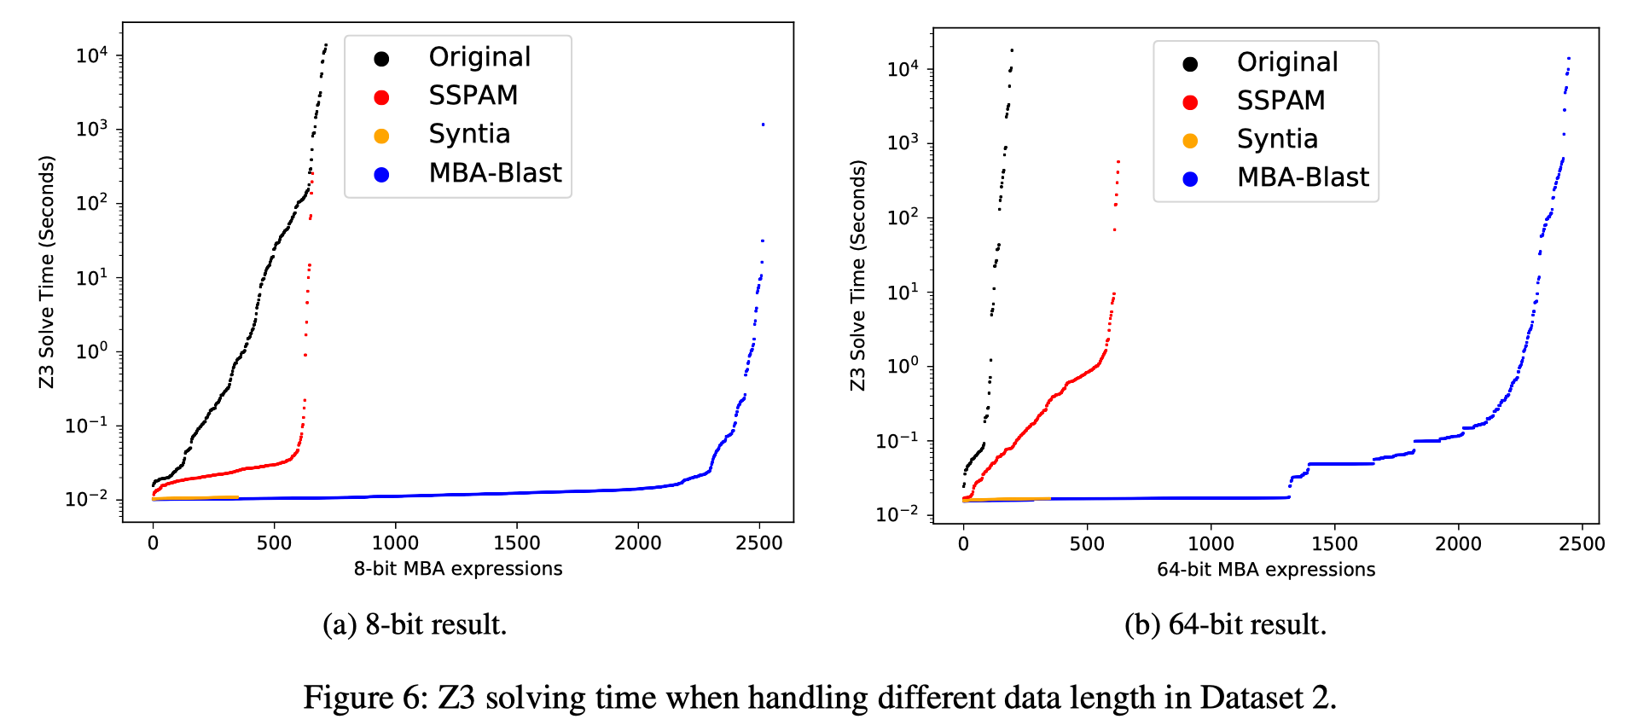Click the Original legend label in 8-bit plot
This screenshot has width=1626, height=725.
479,57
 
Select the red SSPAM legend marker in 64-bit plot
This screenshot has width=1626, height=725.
1190,102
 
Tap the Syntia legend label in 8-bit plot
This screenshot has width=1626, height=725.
469,134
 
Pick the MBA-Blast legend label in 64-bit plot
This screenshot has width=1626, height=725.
1302,177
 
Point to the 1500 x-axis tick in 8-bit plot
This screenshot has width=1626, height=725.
516,543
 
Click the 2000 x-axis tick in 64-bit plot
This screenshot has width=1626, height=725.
1458,544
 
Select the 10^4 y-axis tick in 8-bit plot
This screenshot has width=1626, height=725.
92,56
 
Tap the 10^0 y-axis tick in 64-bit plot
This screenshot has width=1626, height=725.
903,367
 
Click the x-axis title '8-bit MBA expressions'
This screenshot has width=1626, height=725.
458,569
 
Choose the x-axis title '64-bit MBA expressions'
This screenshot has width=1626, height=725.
1266,570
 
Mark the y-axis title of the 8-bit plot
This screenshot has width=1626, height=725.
46,271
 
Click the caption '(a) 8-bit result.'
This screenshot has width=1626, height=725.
415,624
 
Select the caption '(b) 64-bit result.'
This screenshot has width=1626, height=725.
1225,624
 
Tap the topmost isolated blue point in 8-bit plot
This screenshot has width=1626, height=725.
763,125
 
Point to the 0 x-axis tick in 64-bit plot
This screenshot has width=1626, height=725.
963,544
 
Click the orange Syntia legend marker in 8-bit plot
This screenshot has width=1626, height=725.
381,136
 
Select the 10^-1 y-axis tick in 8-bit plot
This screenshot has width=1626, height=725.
86,426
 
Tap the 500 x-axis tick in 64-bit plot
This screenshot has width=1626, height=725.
1087,544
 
